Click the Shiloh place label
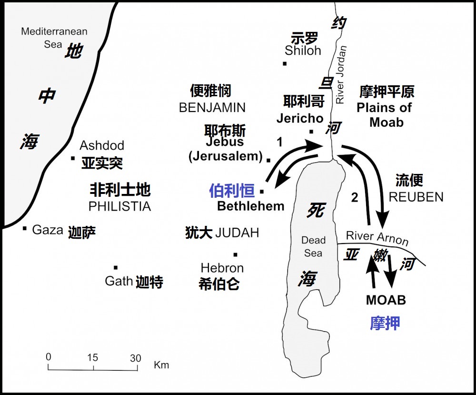point(303,51)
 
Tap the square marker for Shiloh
point(285,64)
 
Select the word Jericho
point(300,118)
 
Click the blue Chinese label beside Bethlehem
point(232,191)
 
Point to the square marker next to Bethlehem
point(262,192)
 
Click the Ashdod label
point(102,145)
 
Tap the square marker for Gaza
point(25,228)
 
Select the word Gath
point(119,281)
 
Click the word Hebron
point(222,268)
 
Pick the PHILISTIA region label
point(119,206)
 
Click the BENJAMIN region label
point(212,108)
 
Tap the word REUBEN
point(416,197)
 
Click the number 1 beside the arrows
point(280,142)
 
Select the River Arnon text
point(377,237)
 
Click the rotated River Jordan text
point(341,75)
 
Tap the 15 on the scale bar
point(93,358)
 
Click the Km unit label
point(161,365)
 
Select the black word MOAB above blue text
point(386,300)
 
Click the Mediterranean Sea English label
point(54,38)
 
